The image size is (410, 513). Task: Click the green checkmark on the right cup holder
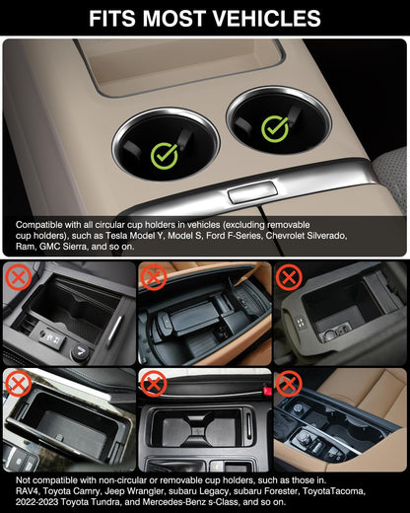276,126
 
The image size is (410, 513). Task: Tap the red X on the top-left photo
17,275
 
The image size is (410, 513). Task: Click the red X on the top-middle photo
153,277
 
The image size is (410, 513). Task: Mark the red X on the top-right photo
287,275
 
